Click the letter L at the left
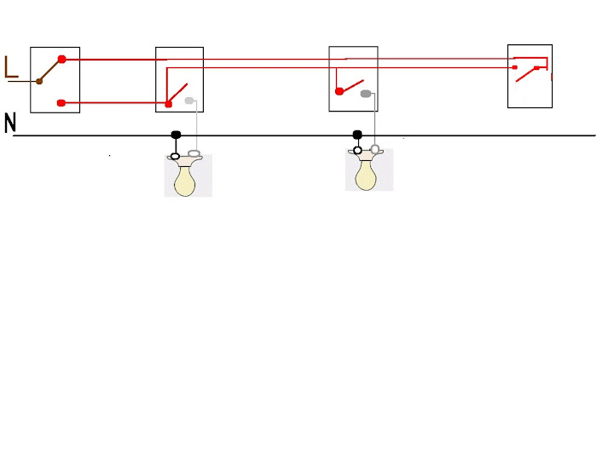[11, 67]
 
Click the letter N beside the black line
[10, 124]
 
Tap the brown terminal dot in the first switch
[39, 81]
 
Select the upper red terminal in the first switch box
[61, 60]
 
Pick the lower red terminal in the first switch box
[61, 103]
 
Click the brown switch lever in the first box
[50, 71]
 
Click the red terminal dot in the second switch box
[168, 103]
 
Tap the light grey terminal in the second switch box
[189, 101]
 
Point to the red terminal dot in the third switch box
[339, 91]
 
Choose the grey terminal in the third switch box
[366, 93]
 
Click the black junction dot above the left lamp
[177, 135]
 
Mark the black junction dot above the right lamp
[357, 135]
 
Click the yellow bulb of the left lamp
[185, 182]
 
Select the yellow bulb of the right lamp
[366, 176]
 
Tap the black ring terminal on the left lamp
[176, 156]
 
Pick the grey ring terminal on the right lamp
[375, 150]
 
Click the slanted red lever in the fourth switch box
[526, 76]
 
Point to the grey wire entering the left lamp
[198, 128]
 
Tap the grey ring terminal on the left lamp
[194, 156]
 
